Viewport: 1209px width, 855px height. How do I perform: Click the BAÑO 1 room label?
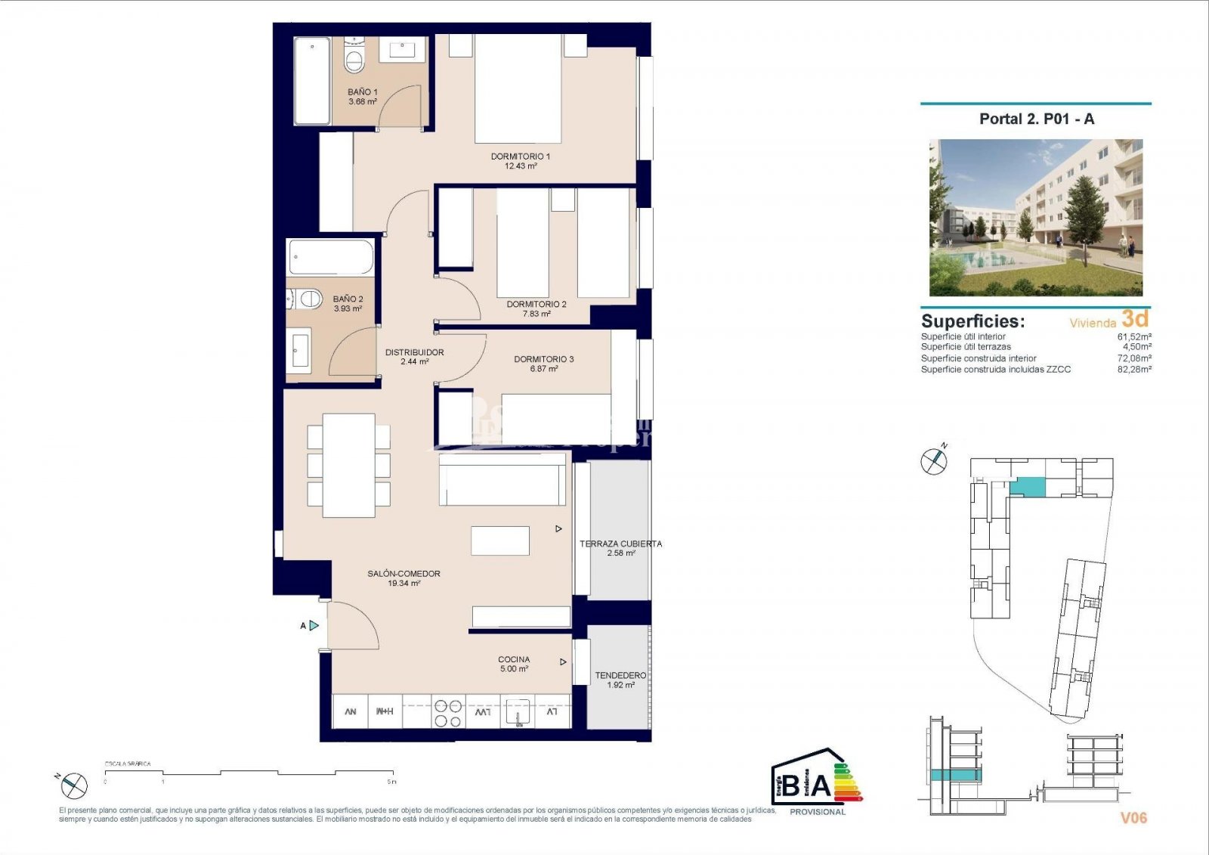[x=363, y=92]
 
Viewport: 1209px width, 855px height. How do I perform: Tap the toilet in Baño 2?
[x=307, y=299]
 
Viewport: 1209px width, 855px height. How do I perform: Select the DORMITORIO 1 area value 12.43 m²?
[x=521, y=166]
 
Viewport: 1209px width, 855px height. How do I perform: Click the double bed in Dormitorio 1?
[x=518, y=89]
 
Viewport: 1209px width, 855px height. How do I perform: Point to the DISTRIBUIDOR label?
[x=414, y=352]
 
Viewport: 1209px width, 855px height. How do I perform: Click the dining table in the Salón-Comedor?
[x=348, y=465]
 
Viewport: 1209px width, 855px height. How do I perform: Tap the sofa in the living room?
[x=502, y=479]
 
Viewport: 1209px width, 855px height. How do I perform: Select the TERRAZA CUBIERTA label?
[x=620, y=544]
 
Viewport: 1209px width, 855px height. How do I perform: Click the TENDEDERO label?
[x=620, y=675]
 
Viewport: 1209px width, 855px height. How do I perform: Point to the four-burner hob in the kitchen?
[x=447, y=713]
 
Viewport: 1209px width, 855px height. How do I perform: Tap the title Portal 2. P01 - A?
[x=1036, y=119]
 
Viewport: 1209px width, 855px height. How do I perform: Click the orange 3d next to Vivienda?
[x=1135, y=318]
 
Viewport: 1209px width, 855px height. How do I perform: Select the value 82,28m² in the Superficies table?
[x=1134, y=370]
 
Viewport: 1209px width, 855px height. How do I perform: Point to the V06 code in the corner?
[x=1133, y=817]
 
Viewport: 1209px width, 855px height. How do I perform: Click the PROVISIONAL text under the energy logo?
[x=817, y=812]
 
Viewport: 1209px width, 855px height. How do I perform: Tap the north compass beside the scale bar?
[x=74, y=786]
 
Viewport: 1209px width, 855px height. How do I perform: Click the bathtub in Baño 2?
[x=331, y=258]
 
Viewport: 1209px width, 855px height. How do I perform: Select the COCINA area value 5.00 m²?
[x=514, y=669]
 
